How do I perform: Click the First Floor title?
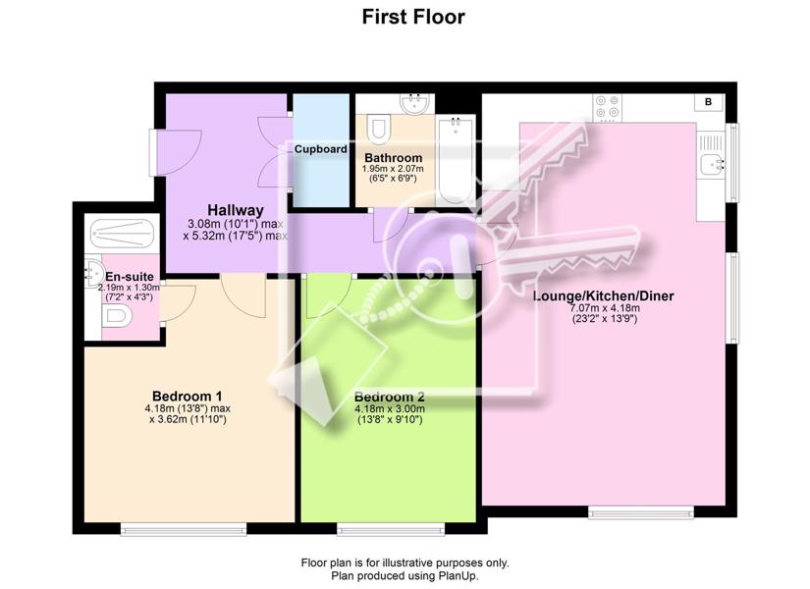coord(413,17)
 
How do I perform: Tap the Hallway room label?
coord(236,210)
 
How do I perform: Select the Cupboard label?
coord(321,149)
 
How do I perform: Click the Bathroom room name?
coord(393,158)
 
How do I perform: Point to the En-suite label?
coord(130,277)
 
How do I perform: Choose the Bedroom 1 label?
coord(188,397)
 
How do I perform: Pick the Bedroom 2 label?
coord(390,397)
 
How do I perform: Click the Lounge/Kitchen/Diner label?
coord(604,296)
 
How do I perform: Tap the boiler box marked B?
coord(709,102)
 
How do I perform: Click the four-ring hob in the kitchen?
coord(607,107)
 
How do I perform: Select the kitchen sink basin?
coord(715,165)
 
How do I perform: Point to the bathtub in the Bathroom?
coord(456,161)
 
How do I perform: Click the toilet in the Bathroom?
coord(379,127)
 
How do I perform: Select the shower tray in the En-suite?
coord(122,234)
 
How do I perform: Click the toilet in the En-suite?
coord(116,315)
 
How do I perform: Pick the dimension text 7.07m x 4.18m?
coord(605,308)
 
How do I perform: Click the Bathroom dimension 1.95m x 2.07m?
coord(393,169)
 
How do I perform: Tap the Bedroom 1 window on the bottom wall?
coord(184,528)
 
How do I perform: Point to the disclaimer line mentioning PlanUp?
coord(405,575)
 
